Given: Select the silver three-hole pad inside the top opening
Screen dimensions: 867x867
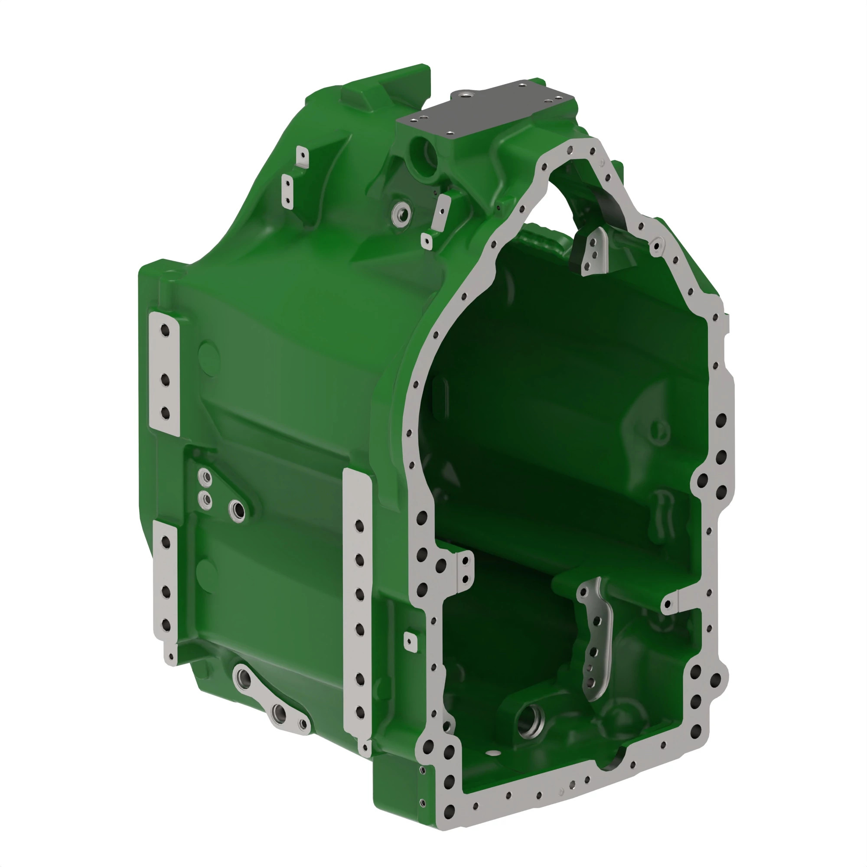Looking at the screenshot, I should click(x=595, y=251).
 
